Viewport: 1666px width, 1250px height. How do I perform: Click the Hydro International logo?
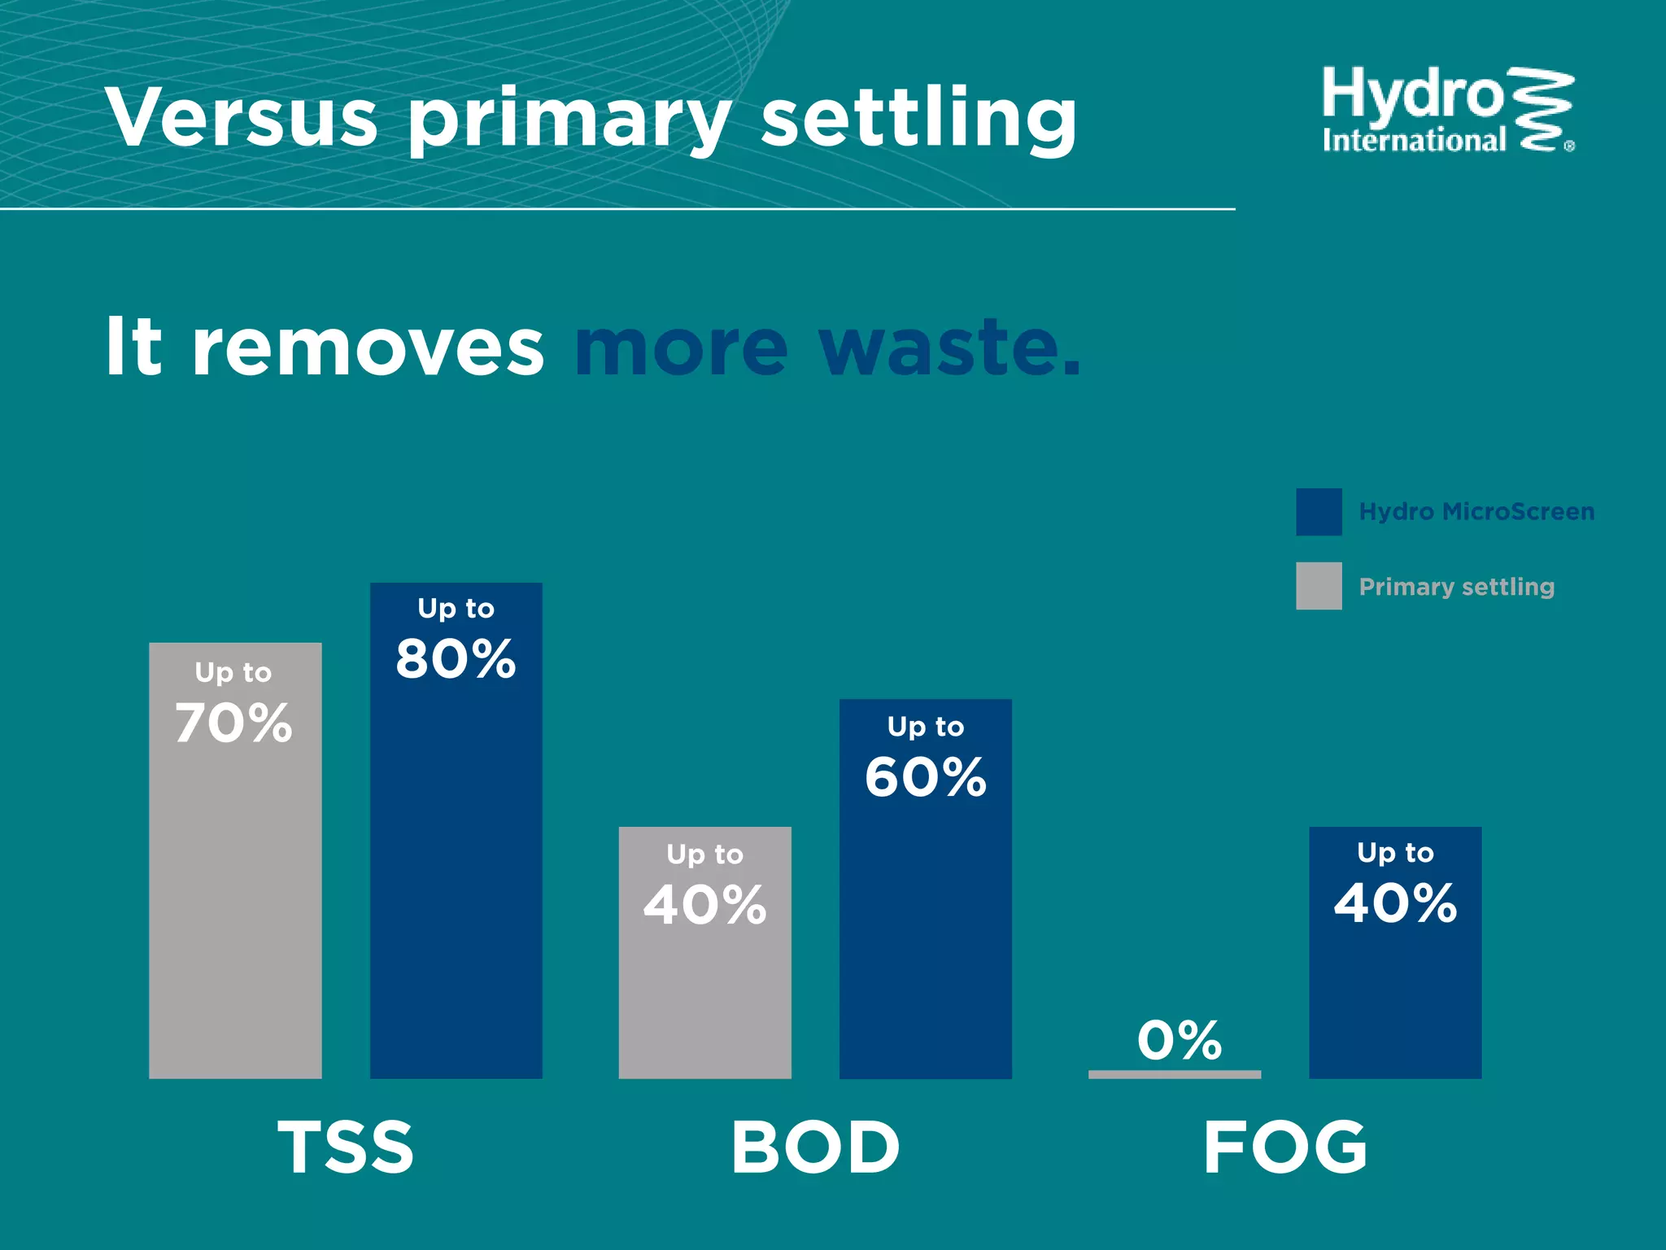tap(1446, 111)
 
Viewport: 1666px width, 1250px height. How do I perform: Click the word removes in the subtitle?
tap(367, 348)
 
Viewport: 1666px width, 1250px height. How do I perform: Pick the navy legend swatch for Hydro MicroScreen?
tap(1319, 512)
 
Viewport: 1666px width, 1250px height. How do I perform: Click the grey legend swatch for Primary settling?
tap(1319, 586)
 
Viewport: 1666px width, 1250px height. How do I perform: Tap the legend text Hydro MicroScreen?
tap(1476, 512)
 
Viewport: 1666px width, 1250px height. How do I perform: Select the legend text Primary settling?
tap(1456, 587)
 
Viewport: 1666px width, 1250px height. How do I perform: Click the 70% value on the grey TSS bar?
tap(233, 723)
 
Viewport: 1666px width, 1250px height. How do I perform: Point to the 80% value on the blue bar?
tap(456, 658)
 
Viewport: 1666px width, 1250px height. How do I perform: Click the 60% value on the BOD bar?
tap(925, 776)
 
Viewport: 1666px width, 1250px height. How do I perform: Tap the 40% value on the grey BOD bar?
tap(704, 904)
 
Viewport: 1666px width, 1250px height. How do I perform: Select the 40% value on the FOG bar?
tap(1395, 903)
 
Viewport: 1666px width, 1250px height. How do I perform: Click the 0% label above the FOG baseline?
tap(1179, 1040)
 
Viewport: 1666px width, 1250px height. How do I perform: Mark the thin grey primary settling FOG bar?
tap(1175, 1074)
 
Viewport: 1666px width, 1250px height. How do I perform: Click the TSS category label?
tap(346, 1147)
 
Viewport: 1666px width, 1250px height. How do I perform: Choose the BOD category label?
tap(815, 1147)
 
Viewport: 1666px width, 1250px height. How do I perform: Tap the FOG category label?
tap(1285, 1147)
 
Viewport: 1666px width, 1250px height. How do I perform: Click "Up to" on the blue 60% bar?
tap(925, 727)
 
